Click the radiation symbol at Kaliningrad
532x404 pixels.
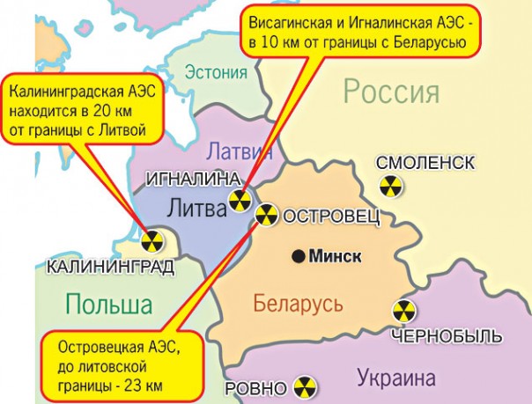point(153,242)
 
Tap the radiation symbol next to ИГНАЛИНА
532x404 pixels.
point(240,201)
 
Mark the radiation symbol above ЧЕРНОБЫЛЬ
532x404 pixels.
point(403,311)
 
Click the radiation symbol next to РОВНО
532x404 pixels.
point(301,388)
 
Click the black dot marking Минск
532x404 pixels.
point(299,256)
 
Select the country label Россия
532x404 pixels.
point(391,91)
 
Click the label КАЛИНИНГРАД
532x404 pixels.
point(109,265)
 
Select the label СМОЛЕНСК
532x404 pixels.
point(425,163)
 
